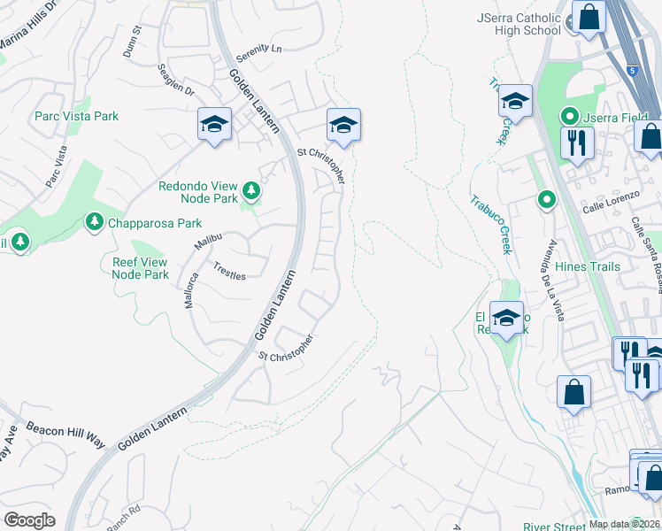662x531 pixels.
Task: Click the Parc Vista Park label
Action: [76, 116]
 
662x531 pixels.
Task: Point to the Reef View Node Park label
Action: [141, 268]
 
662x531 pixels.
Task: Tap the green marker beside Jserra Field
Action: [569, 116]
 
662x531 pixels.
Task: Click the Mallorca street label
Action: [192, 289]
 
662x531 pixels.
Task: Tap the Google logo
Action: [29, 520]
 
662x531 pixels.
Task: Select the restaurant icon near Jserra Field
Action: [577, 142]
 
